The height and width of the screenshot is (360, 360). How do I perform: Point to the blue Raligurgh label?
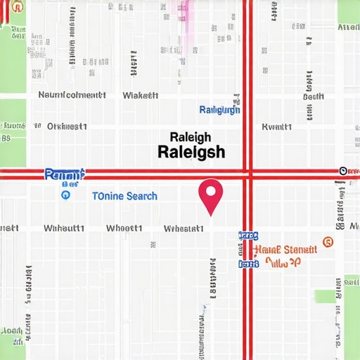219,110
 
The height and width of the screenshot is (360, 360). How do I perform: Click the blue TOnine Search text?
124,196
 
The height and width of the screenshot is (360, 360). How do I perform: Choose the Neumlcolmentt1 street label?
72,95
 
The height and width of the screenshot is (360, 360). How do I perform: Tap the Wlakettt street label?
140,95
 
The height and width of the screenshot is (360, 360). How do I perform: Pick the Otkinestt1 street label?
67,127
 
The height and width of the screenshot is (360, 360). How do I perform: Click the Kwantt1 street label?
276,127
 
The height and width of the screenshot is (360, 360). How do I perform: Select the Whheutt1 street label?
64,229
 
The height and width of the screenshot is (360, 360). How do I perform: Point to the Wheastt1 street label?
124,229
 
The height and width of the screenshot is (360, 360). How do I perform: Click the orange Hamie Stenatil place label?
285,248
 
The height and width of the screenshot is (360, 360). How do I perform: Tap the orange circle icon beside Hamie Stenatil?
327,243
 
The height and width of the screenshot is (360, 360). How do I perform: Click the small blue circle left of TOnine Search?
65,196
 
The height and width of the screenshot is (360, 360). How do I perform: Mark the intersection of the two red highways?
247,172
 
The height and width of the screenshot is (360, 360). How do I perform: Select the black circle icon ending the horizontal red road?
343,171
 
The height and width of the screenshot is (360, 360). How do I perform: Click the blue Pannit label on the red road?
64,173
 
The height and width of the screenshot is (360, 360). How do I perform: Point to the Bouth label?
313,96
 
